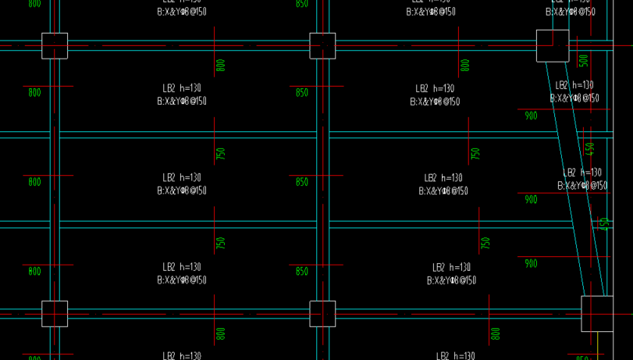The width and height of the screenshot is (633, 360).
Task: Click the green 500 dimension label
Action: tap(584, 61)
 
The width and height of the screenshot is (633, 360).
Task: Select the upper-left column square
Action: tap(55, 46)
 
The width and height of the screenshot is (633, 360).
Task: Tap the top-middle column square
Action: tap(322, 46)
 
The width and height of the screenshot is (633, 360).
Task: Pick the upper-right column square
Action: tap(553, 45)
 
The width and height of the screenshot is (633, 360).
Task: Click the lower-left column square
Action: tap(55, 314)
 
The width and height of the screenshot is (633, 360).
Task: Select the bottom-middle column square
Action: tap(322, 314)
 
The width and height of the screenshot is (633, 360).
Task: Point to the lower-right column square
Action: tap(597, 313)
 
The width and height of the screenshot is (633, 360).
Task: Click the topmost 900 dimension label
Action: tap(531, 116)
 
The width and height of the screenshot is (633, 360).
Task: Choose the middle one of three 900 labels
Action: tap(531, 200)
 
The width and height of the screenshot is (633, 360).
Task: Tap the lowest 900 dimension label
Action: tap(531, 264)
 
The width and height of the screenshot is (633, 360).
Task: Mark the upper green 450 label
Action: tap(590, 148)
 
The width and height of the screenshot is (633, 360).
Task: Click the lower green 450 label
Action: tap(604, 224)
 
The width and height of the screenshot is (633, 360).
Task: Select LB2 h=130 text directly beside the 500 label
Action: tap(574, 85)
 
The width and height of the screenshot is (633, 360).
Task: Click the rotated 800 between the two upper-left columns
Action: tap(220, 66)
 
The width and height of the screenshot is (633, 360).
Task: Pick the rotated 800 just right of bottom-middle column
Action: tap(495, 334)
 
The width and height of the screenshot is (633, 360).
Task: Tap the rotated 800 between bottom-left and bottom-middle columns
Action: tap(220, 334)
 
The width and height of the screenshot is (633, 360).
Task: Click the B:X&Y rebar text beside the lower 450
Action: tap(582, 186)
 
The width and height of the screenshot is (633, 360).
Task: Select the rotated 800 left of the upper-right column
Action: tap(465, 66)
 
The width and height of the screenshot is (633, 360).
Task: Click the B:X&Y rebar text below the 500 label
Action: tap(574, 98)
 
